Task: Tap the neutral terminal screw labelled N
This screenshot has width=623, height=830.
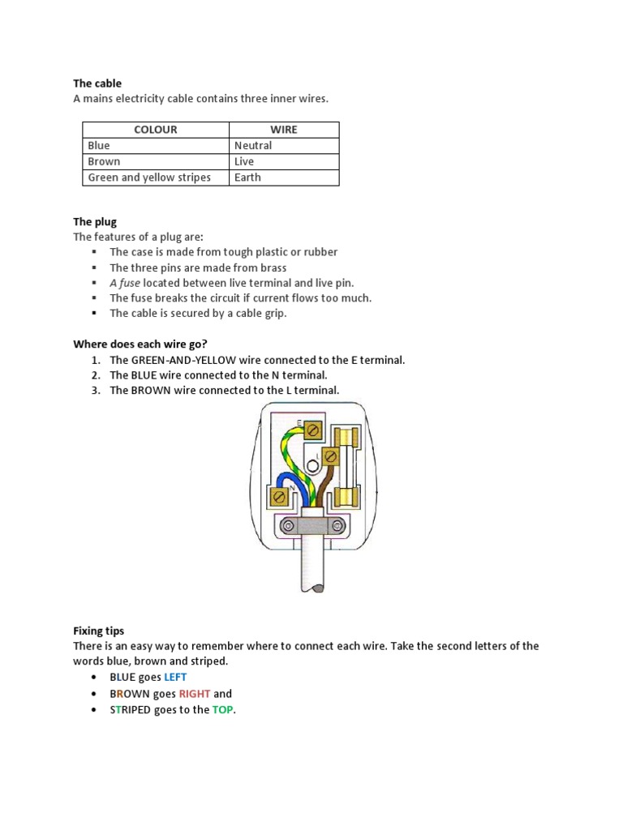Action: (280, 495)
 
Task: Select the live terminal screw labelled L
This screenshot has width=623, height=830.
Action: (329, 457)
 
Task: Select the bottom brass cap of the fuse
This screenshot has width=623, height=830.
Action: (352, 495)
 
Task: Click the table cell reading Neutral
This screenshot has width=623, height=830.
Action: (253, 146)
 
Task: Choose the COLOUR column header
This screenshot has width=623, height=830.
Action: (156, 130)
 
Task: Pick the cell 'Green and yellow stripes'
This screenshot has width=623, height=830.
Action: (149, 178)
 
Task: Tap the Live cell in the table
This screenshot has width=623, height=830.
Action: (244, 161)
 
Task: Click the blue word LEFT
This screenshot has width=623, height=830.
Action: (175, 677)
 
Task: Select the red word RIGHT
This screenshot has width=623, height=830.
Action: (195, 694)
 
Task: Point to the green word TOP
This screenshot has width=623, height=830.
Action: (222, 710)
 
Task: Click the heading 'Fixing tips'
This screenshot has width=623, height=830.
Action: (99, 631)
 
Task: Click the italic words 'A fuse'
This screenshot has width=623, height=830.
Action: (125, 283)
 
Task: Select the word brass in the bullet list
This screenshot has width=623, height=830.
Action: (272, 267)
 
